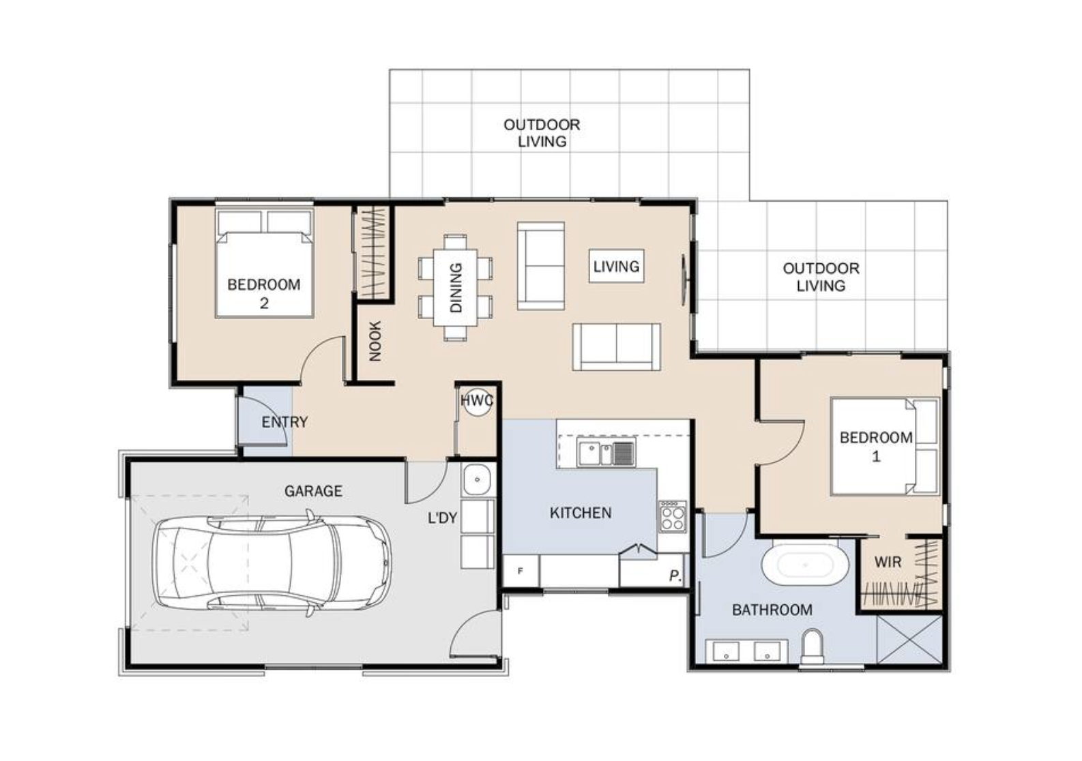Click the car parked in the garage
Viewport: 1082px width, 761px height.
coord(272,563)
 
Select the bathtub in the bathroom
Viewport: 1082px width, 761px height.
coord(805,565)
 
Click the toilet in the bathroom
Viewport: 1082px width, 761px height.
coord(812,647)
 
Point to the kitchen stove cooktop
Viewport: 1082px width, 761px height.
coord(673,516)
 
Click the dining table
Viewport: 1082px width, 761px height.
coord(455,288)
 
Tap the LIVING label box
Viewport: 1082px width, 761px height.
coord(616,266)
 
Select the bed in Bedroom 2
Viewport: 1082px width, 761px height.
coord(264,263)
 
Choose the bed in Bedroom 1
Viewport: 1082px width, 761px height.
coord(885,446)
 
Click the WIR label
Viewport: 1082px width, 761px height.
coord(888,562)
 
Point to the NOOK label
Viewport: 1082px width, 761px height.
coord(375,341)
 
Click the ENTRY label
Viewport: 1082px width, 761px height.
coord(284,423)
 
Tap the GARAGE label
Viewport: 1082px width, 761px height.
coord(313,491)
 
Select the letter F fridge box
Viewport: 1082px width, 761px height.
coord(521,571)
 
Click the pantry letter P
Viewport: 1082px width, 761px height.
coord(675,576)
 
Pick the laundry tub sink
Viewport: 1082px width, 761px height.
coord(478,479)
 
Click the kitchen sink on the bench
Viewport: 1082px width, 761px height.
coord(606,453)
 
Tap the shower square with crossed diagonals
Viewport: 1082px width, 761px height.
coord(909,640)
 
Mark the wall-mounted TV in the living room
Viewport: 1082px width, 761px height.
coord(684,280)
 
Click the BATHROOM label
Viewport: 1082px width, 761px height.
coord(772,610)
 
